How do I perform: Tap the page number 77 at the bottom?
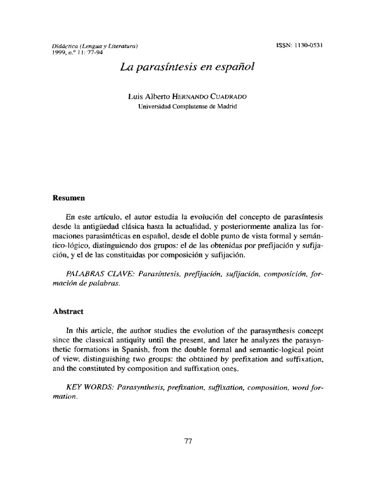click(188, 441)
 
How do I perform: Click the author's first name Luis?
click(134, 97)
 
